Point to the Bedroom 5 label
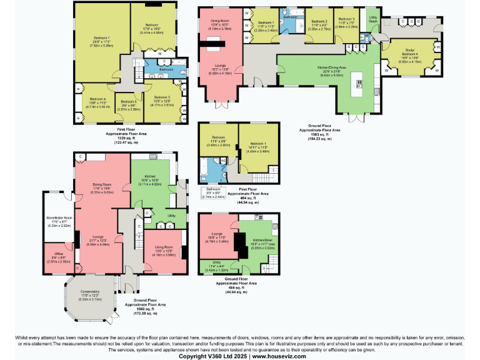click(129, 101)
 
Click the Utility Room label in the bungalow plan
click(373, 19)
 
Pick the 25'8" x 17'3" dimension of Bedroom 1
click(100, 42)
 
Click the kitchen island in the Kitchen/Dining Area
click(359, 82)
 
